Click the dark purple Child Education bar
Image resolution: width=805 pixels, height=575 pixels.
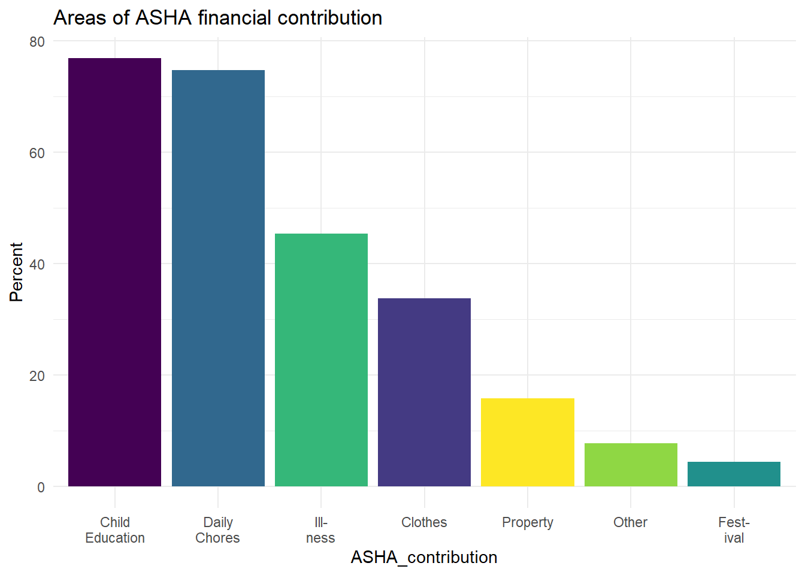click(114, 272)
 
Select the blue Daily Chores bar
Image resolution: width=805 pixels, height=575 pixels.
click(218, 278)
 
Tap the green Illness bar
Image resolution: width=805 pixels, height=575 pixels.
click(321, 359)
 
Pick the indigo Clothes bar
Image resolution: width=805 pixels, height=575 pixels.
click(424, 392)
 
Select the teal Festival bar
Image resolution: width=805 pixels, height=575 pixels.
click(734, 474)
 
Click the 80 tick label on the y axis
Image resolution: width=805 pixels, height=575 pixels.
click(37, 42)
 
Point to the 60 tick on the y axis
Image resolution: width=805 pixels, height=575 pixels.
click(37, 153)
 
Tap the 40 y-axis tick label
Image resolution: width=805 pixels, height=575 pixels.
click(37, 265)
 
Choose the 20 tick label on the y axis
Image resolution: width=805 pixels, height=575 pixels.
click(37, 376)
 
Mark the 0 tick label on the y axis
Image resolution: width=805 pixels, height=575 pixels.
click(41, 488)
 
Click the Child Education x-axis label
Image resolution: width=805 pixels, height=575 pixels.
click(115, 530)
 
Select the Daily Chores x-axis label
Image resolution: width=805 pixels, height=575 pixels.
click(218, 530)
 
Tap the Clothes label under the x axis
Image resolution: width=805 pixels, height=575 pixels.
click(424, 522)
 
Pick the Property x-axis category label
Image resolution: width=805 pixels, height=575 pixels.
click(528, 522)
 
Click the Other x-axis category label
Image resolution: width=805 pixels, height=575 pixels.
click(630, 522)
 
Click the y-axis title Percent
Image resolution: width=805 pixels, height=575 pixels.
click(16, 272)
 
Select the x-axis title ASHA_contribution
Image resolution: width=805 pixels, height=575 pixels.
click(424, 557)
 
